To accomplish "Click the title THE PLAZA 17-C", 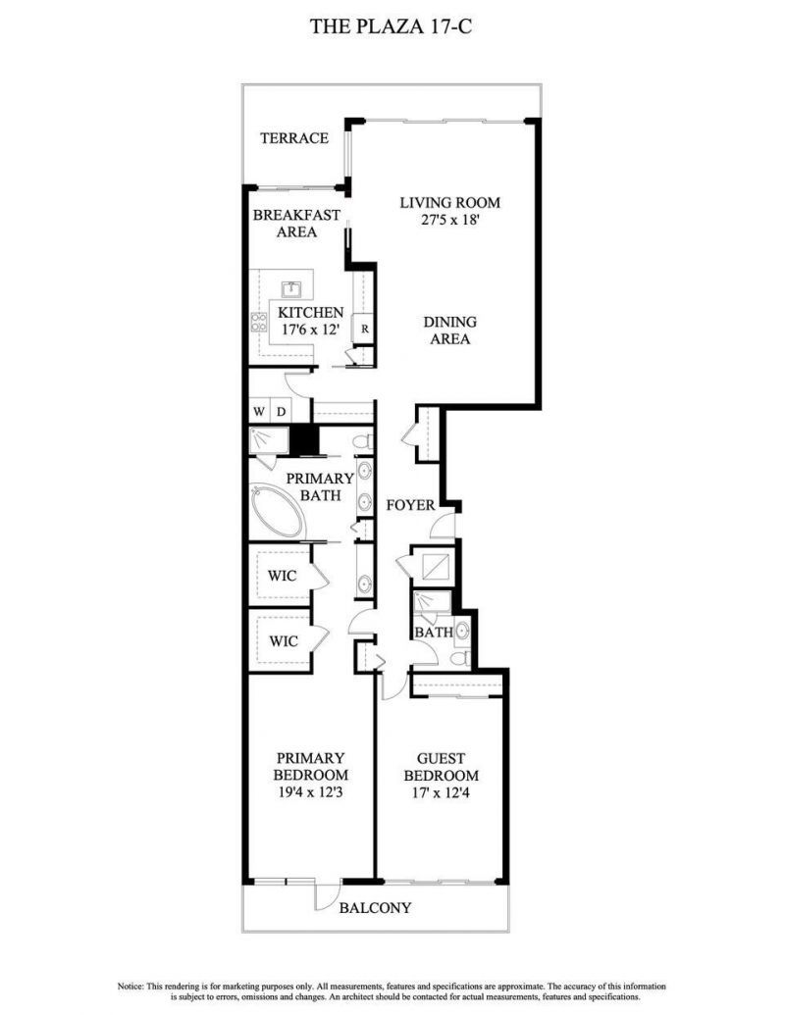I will [392, 26].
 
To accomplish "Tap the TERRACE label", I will [293, 138].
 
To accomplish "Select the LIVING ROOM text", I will [449, 203].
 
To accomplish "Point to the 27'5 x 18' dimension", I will [449, 221].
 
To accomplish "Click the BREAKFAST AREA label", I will [295, 224].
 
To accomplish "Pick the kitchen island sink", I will [291, 289].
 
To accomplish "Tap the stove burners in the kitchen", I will [261, 324].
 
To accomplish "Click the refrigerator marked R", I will [363, 330].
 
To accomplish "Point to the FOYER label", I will [410, 506].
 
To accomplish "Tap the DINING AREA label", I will [449, 330].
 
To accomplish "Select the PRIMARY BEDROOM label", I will [310, 766].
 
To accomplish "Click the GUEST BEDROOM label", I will [441, 767].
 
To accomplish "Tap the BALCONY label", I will [375, 908].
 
